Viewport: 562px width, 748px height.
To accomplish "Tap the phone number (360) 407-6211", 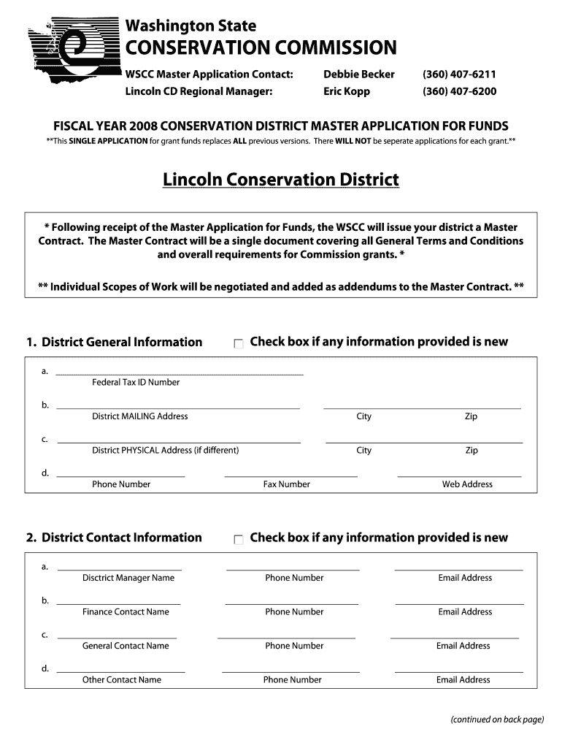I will click(x=459, y=75).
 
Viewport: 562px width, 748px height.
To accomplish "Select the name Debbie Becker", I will click(x=359, y=75).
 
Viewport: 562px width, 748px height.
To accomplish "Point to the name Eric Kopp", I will click(x=347, y=91).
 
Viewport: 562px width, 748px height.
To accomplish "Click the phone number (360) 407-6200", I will click(x=459, y=91).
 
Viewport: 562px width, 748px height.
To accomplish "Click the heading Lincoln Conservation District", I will click(x=281, y=179).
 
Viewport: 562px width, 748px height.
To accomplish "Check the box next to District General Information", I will click(x=239, y=343).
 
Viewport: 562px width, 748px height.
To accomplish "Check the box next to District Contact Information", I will click(x=239, y=539).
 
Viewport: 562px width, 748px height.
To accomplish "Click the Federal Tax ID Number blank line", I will click(x=180, y=373).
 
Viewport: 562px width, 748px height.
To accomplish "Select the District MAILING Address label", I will click(x=139, y=416).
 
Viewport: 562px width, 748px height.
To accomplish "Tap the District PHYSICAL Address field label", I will click(x=165, y=450).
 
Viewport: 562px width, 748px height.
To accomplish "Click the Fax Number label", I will click(x=286, y=484).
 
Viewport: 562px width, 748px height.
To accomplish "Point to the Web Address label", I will click(x=467, y=484).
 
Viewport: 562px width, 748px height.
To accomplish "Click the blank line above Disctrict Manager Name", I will click(x=120, y=568).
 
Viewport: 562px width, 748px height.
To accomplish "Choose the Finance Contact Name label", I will click(x=126, y=612).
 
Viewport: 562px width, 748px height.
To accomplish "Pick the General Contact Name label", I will click(x=126, y=646).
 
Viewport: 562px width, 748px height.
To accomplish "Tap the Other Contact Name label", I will click(x=122, y=680).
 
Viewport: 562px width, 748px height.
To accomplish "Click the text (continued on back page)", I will click(x=497, y=720).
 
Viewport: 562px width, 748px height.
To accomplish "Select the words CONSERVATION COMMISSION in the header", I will click(x=261, y=48).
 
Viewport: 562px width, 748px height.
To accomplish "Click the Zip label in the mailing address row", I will click(x=471, y=416).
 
